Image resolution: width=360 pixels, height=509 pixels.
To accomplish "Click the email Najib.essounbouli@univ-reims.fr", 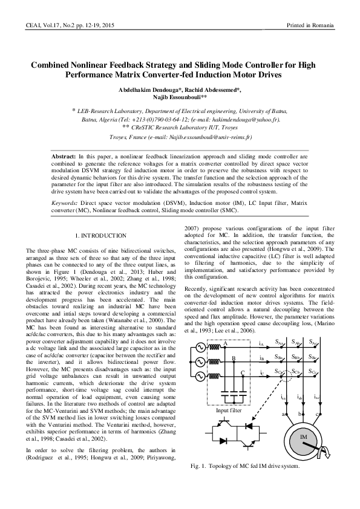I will (227, 138).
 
